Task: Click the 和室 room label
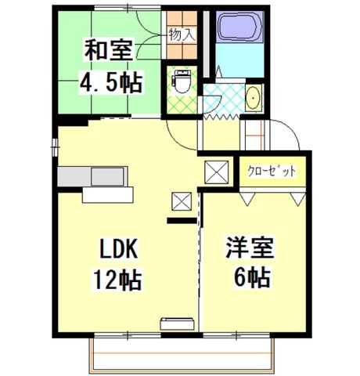pyautogui.click(x=109, y=49)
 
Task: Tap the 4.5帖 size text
pyautogui.click(x=111, y=81)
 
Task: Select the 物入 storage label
pyautogui.click(x=182, y=35)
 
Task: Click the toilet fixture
pyautogui.click(x=182, y=81)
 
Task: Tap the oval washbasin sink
pyautogui.click(x=253, y=98)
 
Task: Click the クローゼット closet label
pyautogui.click(x=272, y=172)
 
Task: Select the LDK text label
pyautogui.click(x=118, y=248)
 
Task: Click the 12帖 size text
pyautogui.click(x=118, y=280)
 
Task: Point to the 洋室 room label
pyautogui.click(x=250, y=247)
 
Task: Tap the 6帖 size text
pyautogui.click(x=252, y=277)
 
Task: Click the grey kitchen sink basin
pyautogui.click(x=107, y=176)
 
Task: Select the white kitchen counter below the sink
pyautogui.click(x=108, y=195)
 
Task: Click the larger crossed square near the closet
pyautogui.click(x=217, y=172)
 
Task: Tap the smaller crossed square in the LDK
pyautogui.click(x=182, y=201)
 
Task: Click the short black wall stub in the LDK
pyautogui.click(x=182, y=221)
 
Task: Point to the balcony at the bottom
pyautogui.click(x=182, y=356)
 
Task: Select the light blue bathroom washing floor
pyautogui.click(x=240, y=60)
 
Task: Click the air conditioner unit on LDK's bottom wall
pyautogui.click(x=178, y=324)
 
